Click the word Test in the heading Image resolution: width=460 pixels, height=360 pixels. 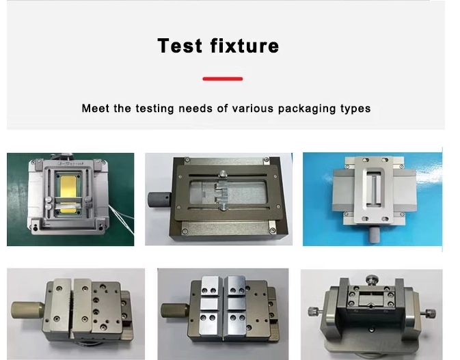180,46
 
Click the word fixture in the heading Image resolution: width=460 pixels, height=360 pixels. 245,46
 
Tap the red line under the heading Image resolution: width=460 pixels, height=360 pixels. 223,79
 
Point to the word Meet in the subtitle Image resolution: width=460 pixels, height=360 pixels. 96,109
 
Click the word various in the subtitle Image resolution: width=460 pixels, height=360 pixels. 253,109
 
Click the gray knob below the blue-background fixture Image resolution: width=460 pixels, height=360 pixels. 374,234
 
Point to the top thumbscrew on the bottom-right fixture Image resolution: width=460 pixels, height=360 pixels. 372,279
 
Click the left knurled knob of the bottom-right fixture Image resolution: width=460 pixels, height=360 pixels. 315,311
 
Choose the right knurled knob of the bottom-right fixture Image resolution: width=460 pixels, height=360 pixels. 429,314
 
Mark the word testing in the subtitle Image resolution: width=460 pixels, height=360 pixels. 155,109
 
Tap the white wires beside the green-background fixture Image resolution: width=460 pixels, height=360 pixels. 122,219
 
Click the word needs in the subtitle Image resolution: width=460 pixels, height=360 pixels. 195,109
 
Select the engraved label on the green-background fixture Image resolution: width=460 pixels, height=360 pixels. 71,163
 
